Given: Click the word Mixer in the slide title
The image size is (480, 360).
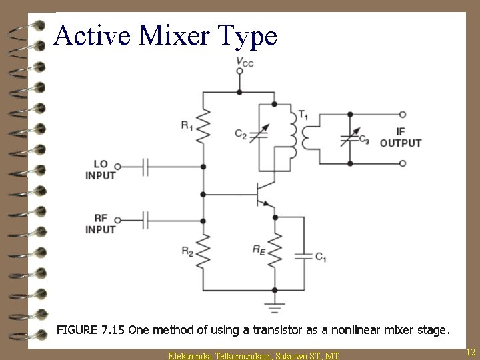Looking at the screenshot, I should (x=174, y=35).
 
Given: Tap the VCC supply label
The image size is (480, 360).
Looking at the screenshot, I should (x=245, y=63).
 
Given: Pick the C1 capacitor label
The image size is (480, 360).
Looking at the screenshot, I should (x=321, y=256).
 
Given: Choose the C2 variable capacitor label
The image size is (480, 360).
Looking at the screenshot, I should (x=241, y=134).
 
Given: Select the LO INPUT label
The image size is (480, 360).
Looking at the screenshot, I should (x=101, y=170).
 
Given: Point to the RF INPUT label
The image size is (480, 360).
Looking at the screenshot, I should (x=101, y=223).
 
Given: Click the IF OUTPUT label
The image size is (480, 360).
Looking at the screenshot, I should (x=400, y=137).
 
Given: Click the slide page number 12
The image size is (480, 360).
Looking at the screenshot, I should (x=470, y=351).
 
